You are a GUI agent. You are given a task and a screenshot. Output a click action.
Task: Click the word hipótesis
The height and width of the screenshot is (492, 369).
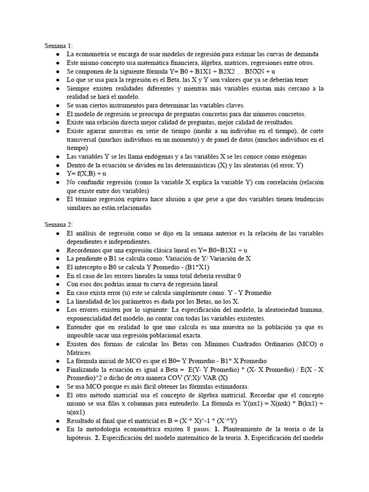79,438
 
